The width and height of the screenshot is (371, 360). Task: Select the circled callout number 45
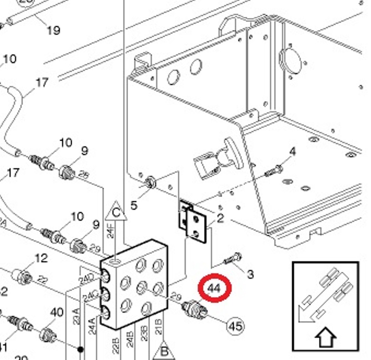[235, 325]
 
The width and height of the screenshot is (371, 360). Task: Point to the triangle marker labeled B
[164, 351]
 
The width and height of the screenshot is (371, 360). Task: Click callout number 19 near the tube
[53, 30]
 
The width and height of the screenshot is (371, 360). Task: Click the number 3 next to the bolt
[250, 274]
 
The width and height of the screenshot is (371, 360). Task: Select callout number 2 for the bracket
[220, 217]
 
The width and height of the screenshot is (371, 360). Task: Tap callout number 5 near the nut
[134, 205]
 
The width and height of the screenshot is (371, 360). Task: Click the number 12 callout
[41, 258]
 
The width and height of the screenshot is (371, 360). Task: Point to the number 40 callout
[56, 313]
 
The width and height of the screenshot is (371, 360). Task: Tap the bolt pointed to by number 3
[233, 258]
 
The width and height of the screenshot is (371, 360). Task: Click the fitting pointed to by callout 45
[193, 308]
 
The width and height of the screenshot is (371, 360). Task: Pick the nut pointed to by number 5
[151, 181]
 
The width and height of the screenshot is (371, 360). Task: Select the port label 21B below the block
[159, 327]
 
